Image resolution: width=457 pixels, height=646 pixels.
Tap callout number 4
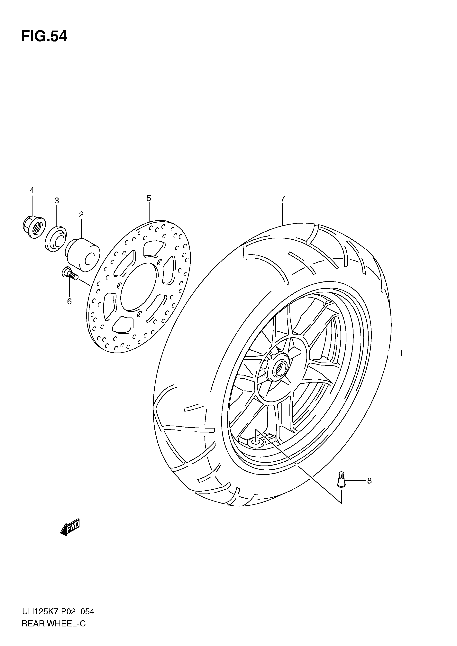click(x=32, y=190)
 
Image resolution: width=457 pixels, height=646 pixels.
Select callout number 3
click(x=57, y=201)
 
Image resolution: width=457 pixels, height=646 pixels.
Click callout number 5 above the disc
click(x=149, y=198)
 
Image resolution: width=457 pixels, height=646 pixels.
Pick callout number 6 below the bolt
click(x=69, y=301)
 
